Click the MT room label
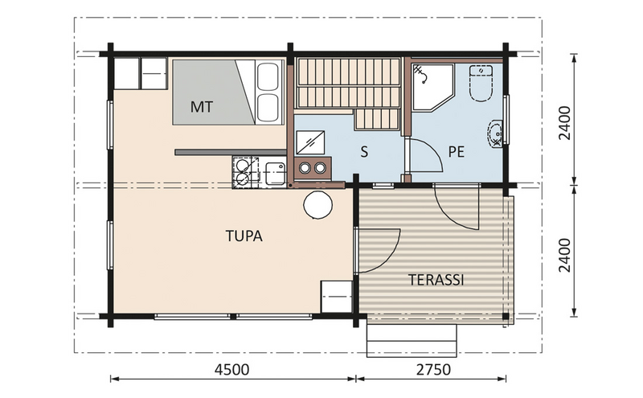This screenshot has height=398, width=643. coord(202,106)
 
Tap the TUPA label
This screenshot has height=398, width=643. coord(244,236)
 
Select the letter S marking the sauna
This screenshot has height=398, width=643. coord(364,152)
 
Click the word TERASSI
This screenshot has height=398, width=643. coord(436,280)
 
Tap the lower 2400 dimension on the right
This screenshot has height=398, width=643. coord(567,254)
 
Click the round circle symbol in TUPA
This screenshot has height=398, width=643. coord(317,205)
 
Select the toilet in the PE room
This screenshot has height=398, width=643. coord(480,84)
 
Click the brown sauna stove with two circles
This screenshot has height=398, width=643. coord(313,168)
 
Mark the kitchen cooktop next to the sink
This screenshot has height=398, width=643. coord(242,171)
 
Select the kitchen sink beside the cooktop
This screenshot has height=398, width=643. coord(273,171)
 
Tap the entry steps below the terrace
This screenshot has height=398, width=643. coord(412,339)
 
